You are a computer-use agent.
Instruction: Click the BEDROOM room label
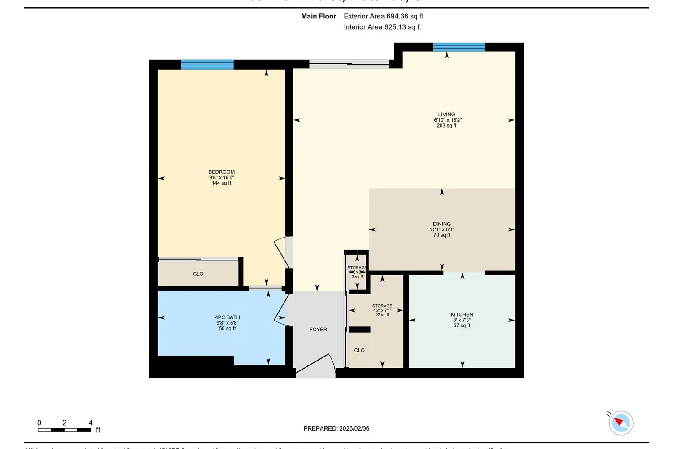point(221,172)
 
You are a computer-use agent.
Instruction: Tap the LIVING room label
point(446,114)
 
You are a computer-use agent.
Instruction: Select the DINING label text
point(441,224)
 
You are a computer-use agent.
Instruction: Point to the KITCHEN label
point(462,315)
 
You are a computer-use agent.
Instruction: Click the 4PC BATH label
point(227,317)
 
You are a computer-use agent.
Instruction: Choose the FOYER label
point(318,330)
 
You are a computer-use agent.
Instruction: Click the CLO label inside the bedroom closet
point(198,274)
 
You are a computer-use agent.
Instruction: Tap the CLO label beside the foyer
point(359,350)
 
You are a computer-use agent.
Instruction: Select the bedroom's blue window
point(207,65)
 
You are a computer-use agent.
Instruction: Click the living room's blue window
point(459,47)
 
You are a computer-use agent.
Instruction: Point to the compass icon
point(621,423)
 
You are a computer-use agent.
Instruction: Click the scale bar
point(65,430)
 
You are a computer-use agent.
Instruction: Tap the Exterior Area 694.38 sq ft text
point(383,16)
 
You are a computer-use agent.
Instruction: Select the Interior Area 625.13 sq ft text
point(382,27)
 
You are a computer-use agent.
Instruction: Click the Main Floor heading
point(319,16)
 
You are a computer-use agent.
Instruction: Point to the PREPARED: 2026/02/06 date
point(336,428)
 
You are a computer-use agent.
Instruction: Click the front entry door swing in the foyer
point(316,365)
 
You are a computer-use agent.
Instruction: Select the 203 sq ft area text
point(446,126)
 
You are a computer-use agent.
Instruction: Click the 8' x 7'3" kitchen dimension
point(462,320)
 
